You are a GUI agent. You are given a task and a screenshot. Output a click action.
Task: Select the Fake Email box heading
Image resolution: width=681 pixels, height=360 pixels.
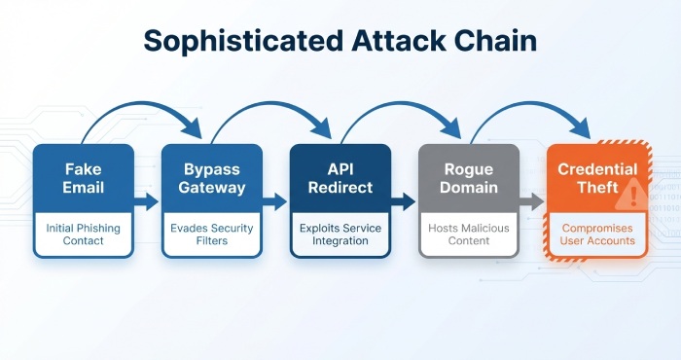(82, 177)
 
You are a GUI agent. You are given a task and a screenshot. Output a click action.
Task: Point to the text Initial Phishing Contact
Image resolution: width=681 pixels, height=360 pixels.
(82, 234)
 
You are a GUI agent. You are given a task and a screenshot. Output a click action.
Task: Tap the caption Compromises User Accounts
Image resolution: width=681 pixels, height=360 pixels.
(596, 234)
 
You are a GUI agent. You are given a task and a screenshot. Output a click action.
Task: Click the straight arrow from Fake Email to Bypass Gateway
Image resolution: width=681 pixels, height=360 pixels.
(146, 201)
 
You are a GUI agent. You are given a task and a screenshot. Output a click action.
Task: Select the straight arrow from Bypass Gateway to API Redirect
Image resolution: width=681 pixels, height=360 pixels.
(274, 201)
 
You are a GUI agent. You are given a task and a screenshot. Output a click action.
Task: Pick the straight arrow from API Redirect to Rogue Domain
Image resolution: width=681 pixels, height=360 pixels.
(403, 201)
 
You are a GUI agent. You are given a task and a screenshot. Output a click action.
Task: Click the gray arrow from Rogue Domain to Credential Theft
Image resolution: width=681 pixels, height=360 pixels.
(531, 201)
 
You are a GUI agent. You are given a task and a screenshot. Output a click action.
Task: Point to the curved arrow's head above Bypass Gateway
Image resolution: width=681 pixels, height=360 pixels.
(194, 126)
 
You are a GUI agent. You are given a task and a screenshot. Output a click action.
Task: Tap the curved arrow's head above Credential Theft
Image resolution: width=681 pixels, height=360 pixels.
(581, 126)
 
